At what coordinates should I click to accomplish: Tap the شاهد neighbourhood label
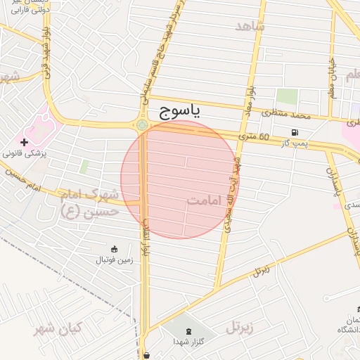(x=250, y=26)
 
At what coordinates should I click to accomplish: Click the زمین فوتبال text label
(x=115, y=260)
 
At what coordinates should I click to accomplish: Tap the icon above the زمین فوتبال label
(x=115, y=248)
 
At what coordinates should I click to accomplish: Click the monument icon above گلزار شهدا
(x=188, y=330)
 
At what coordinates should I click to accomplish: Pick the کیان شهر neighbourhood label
(x=58, y=328)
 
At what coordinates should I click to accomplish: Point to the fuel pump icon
(x=294, y=132)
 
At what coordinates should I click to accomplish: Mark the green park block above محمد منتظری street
(x=286, y=97)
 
